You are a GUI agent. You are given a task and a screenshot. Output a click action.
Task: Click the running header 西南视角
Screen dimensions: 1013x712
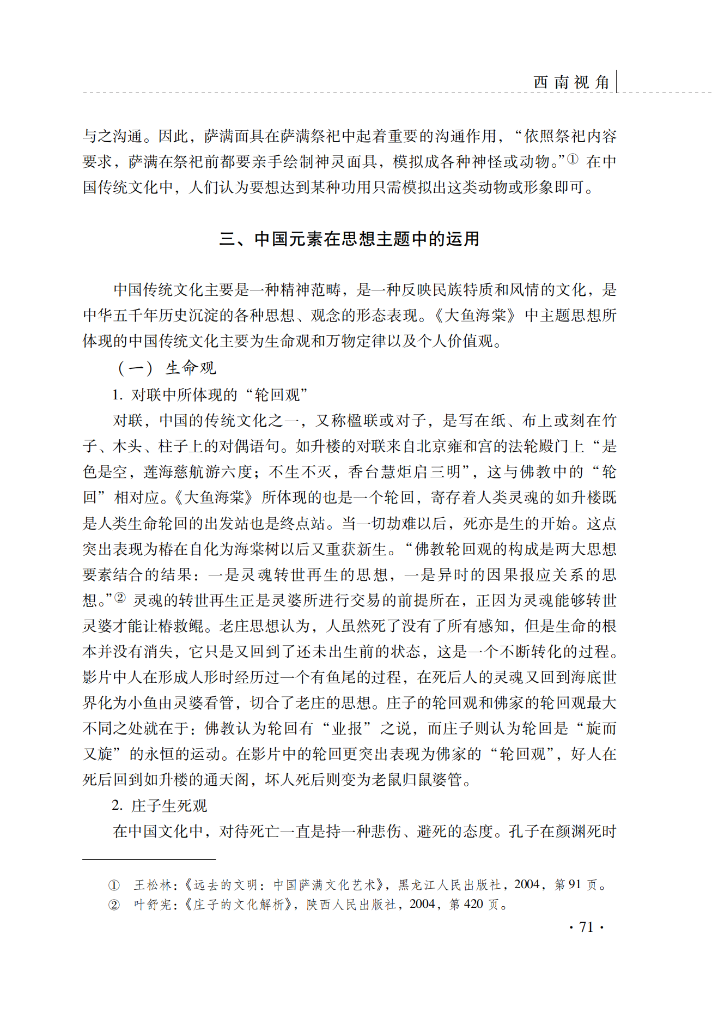571,82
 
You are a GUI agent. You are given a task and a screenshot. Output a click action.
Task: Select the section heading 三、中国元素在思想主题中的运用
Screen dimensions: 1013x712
349,239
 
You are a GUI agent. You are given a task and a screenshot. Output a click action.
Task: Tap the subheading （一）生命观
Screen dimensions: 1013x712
166,368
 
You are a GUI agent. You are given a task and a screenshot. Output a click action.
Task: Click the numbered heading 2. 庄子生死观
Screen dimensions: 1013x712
160,805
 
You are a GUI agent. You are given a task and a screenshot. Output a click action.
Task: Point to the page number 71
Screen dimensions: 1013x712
586,927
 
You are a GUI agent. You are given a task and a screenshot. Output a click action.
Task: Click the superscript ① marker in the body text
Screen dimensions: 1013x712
573,159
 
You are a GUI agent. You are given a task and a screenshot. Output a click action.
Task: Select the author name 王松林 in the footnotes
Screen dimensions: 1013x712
153,885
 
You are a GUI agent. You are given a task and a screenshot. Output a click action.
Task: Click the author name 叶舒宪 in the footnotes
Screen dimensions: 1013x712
153,905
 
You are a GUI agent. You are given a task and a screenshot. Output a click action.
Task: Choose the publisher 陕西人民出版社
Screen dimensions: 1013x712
351,905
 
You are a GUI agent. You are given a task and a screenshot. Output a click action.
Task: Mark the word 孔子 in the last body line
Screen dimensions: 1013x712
525,832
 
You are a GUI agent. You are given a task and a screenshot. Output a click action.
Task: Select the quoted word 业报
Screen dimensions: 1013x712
348,729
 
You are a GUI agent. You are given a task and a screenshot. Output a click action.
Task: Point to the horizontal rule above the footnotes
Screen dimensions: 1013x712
149,859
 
